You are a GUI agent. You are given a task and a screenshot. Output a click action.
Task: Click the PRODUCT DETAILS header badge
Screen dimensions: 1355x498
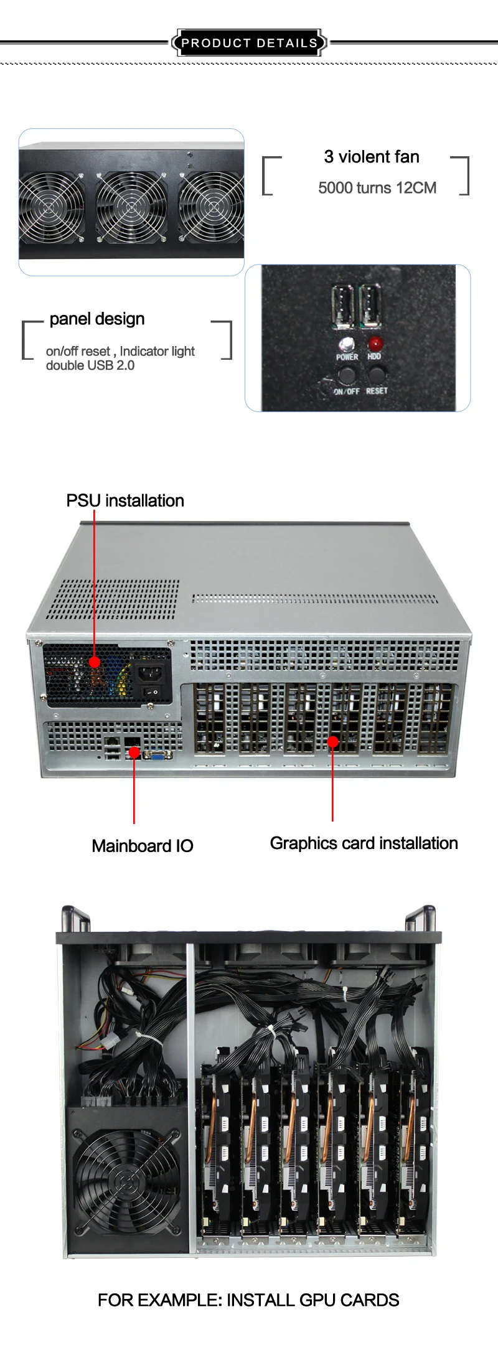coord(249,43)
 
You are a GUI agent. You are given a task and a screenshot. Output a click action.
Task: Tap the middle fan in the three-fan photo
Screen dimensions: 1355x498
coord(131,207)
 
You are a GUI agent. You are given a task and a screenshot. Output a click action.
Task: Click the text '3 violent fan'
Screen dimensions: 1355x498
coord(372,157)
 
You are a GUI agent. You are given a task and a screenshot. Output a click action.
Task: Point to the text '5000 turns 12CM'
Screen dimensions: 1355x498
coord(377,188)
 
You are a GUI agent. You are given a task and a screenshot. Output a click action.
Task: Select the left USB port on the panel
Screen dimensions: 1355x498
coord(343,306)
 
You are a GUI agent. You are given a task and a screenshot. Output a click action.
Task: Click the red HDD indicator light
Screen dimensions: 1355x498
coord(375,343)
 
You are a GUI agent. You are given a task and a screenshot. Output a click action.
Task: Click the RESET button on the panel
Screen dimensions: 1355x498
coord(376,375)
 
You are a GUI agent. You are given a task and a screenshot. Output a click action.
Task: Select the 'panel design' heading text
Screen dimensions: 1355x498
coord(97,319)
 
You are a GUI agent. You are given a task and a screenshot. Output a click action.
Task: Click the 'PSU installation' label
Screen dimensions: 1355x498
coord(125,500)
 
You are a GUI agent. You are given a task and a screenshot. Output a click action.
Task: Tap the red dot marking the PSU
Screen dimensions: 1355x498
coord(95,662)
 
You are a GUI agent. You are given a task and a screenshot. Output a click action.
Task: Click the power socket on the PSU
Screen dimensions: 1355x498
coord(151,673)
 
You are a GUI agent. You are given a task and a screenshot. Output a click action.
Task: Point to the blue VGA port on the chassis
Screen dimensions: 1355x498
coord(157,754)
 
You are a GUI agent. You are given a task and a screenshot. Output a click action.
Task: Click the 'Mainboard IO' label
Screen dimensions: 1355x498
coord(143,846)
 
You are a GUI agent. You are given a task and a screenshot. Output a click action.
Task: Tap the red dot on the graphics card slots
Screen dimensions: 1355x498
coord(333,741)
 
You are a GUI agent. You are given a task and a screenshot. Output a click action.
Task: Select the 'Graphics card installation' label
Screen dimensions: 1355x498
coord(364,843)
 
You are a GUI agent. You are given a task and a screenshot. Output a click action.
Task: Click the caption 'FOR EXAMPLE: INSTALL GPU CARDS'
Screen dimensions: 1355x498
coord(248,1300)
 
